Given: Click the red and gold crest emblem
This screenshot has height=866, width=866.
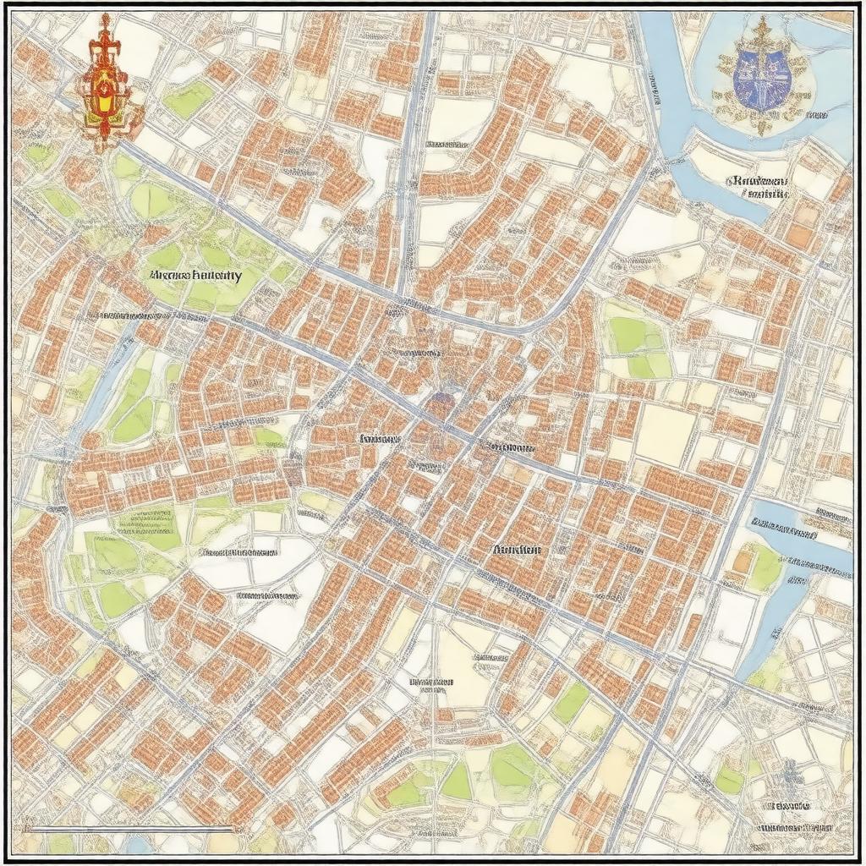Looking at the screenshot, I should click(105, 85).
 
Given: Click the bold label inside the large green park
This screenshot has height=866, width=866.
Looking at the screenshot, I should click(195, 276).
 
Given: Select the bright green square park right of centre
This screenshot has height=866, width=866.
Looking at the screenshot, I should click(639, 347).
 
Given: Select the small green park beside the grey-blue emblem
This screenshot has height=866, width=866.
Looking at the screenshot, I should click(729, 779).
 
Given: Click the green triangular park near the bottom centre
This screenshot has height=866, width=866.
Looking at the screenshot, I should click(456, 782).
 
